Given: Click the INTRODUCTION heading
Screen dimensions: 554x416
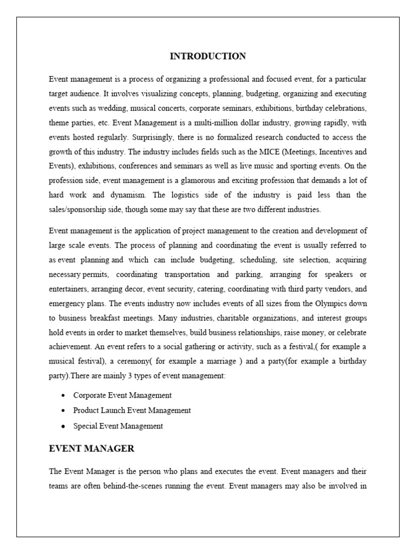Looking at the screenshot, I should [208, 56].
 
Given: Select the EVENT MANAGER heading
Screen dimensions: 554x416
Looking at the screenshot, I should [92, 449].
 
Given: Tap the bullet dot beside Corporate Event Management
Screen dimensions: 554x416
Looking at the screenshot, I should [63, 395].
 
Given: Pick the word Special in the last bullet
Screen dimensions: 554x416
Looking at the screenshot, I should [86, 426].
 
